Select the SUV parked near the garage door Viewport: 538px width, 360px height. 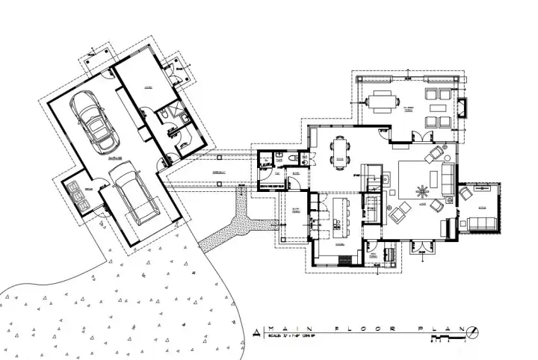tap(132, 196)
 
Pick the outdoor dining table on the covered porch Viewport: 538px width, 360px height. tap(381, 101)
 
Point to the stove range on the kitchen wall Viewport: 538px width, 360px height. tap(345, 259)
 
